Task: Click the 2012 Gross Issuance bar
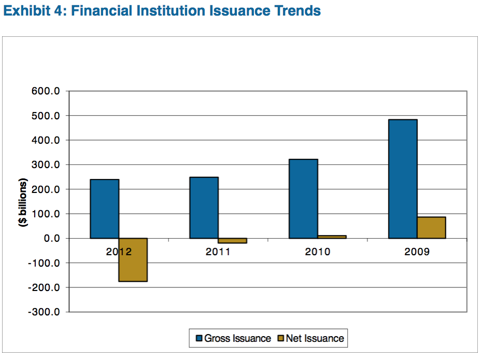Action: tap(105, 209)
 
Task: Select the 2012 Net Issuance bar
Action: tap(133, 259)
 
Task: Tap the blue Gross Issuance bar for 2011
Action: tap(204, 207)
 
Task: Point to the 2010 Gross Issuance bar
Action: tap(303, 199)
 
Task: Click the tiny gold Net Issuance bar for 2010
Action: tap(332, 237)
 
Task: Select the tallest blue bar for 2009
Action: tap(403, 179)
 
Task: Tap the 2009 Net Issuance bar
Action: tap(431, 227)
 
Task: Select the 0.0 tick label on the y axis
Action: tap(53, 239)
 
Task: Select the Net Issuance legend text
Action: tap(315, 339)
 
